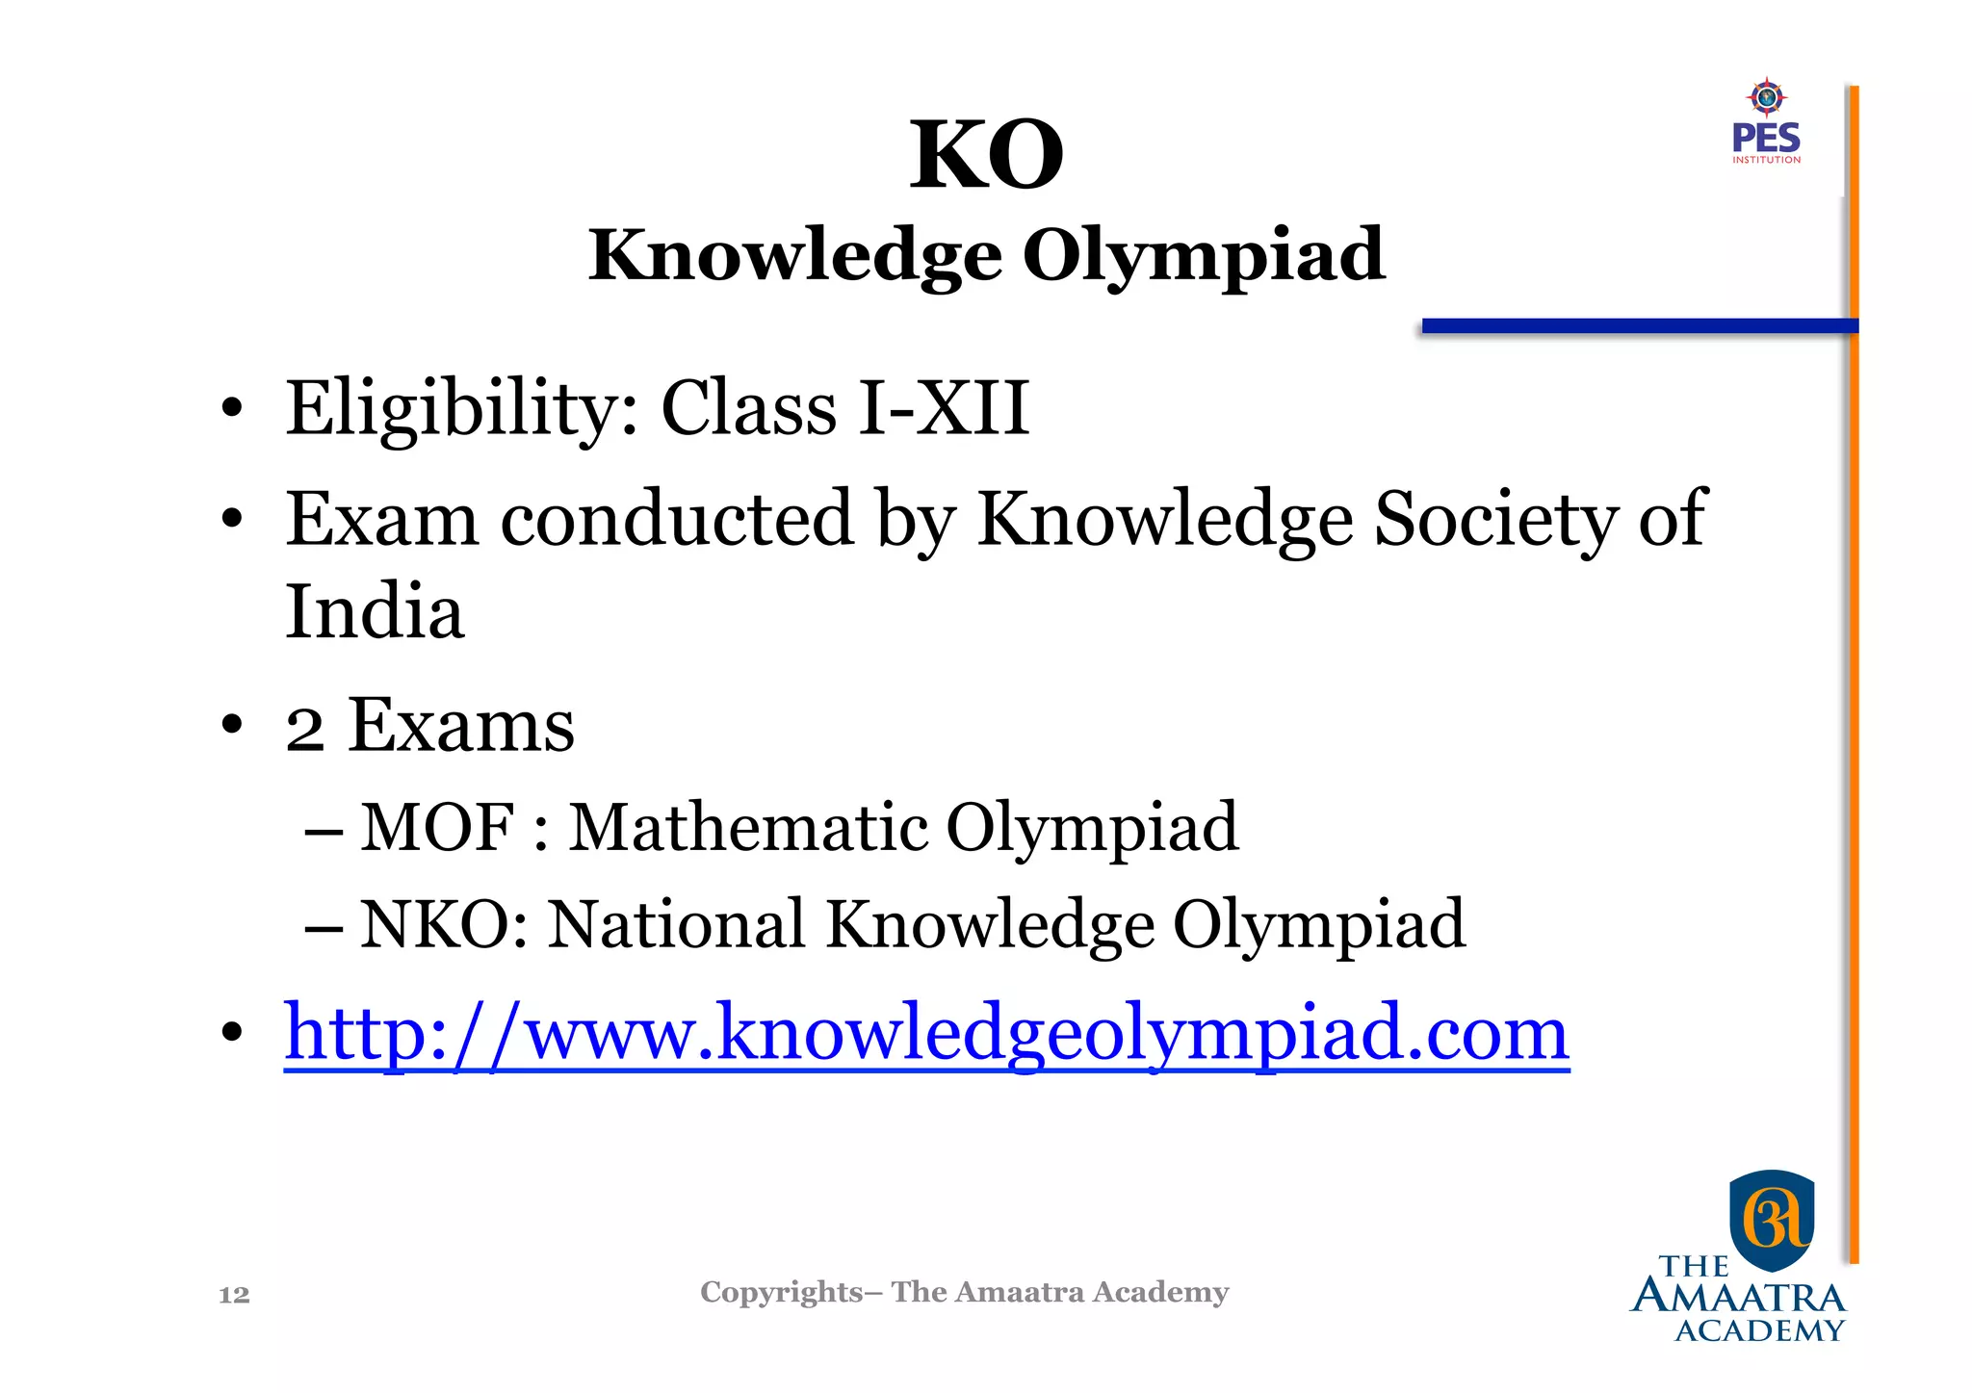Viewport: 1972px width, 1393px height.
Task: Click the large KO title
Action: [x=987, y=156]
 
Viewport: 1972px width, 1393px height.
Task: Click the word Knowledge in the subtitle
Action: [x=795, y=256]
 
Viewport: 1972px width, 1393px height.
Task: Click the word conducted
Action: [x=677, y=520]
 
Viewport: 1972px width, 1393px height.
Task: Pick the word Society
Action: [x=1495, y=520]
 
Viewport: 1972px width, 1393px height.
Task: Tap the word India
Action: [x=375, y=612]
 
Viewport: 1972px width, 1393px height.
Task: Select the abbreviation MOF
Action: [x=436, y=827]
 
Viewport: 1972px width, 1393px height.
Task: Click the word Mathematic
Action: [x=745, y=827]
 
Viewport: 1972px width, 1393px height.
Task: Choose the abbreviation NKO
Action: [x=436, y=924]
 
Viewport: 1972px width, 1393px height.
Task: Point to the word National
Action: [x=676, y=924]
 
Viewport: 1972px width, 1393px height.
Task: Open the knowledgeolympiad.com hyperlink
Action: [x=926, y=1033]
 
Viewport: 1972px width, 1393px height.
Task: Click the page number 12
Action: [x=234, y=1295]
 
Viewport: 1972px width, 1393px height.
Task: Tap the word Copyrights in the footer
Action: [x=781, y=1292]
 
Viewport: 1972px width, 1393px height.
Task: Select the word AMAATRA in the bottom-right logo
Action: [x=1738, y=1298]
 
